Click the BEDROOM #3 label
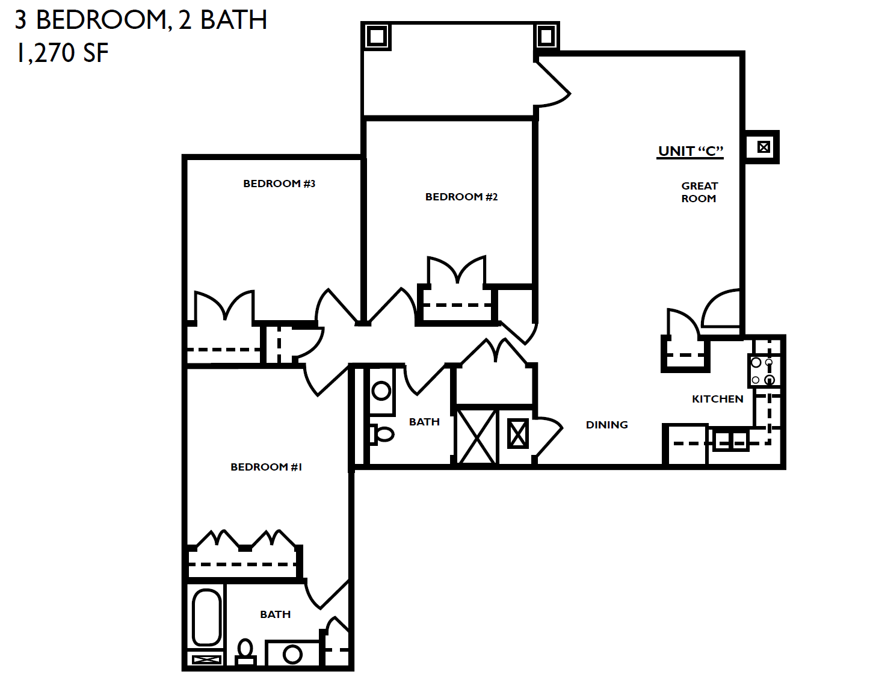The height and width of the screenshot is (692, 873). point(279,184)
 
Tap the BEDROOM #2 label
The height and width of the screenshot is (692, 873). point(461,197)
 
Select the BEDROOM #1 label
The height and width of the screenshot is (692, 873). point(266,467)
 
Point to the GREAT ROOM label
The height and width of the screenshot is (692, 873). point(699,192)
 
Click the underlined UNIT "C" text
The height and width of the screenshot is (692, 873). point(691,151)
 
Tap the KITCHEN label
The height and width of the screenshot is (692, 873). point(717,399)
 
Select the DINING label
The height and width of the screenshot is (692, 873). point(606,425)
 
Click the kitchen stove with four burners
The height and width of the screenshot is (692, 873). point(763,371)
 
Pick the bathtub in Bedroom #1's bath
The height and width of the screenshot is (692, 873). point(206,617)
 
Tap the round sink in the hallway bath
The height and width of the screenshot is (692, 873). point(381,391)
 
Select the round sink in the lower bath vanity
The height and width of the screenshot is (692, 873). point(292,654)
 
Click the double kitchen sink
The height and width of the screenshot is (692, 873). point(730,440)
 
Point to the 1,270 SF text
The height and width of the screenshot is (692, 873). point(62,53)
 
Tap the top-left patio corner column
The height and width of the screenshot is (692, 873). point(377,36)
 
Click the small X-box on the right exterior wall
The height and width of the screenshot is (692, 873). point(763,147)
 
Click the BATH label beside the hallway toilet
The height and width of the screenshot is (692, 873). point(424,422)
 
